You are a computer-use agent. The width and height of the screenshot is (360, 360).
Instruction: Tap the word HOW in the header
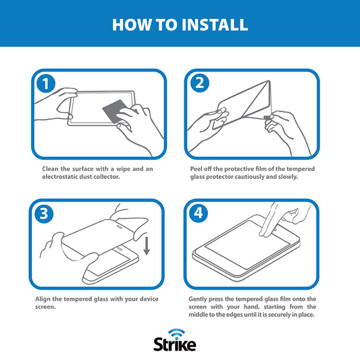coord(127,25)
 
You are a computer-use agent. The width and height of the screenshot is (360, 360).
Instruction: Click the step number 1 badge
coord(45,84)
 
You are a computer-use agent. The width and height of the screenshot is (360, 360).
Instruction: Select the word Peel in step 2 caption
coord(198,168)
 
